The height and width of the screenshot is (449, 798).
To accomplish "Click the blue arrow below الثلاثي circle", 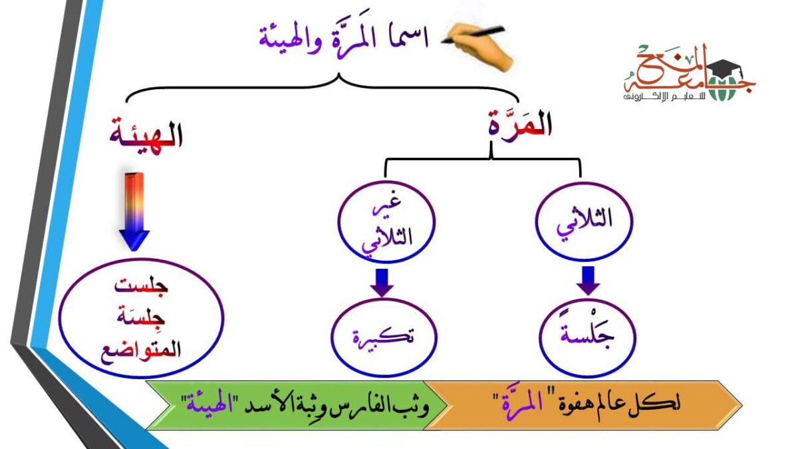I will click(588, 280).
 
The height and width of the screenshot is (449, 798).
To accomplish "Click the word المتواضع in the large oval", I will click(144, 351).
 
